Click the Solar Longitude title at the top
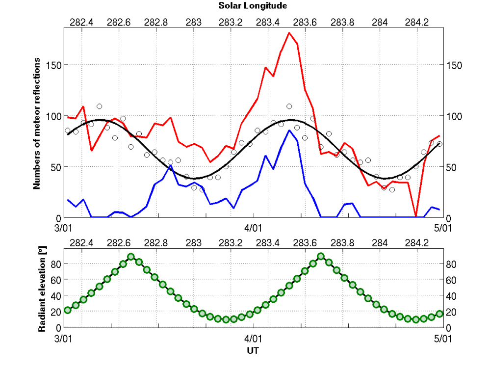[253, 6]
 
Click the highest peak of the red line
[289, 33]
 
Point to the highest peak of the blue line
[289, 131]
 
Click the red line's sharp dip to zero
[416, 216]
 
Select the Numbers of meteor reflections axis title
[37, 123]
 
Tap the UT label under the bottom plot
[253, 351]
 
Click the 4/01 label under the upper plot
[253, 228]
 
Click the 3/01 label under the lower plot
[64, 339]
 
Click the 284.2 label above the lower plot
[417, 243]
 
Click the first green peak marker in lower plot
[131, 257]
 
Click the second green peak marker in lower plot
[321, 257]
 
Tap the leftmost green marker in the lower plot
[68, 310]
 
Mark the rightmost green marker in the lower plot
[439, 314]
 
